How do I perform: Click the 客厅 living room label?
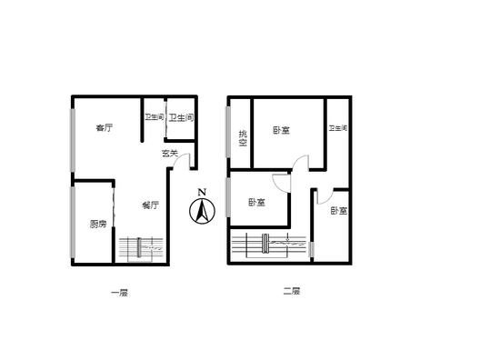tap(105, 127)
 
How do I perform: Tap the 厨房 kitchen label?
tap(98, 225)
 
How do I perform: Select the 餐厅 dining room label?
tap(151, 205)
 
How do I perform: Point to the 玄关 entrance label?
tap(170, 153)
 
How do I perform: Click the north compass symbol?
tap(202, 211)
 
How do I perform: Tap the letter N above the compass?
tap(202, 192)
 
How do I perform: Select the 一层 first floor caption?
tap(119, 293)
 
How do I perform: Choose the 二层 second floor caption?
tap(292, 291)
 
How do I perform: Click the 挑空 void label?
tap(243, 138)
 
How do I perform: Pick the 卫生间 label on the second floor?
tap(338, 127)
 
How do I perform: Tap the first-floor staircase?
tap(141, 249)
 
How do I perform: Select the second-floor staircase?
tap(269, 245)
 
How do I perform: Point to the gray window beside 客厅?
tap(73, 140)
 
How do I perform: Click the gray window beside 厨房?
tap(73, 222)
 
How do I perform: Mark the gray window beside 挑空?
tap(228, 132)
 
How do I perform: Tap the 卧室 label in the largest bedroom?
tap(281, 130)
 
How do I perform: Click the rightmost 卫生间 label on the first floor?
tap(182, 117)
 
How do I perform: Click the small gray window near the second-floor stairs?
tap(312, 249)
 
